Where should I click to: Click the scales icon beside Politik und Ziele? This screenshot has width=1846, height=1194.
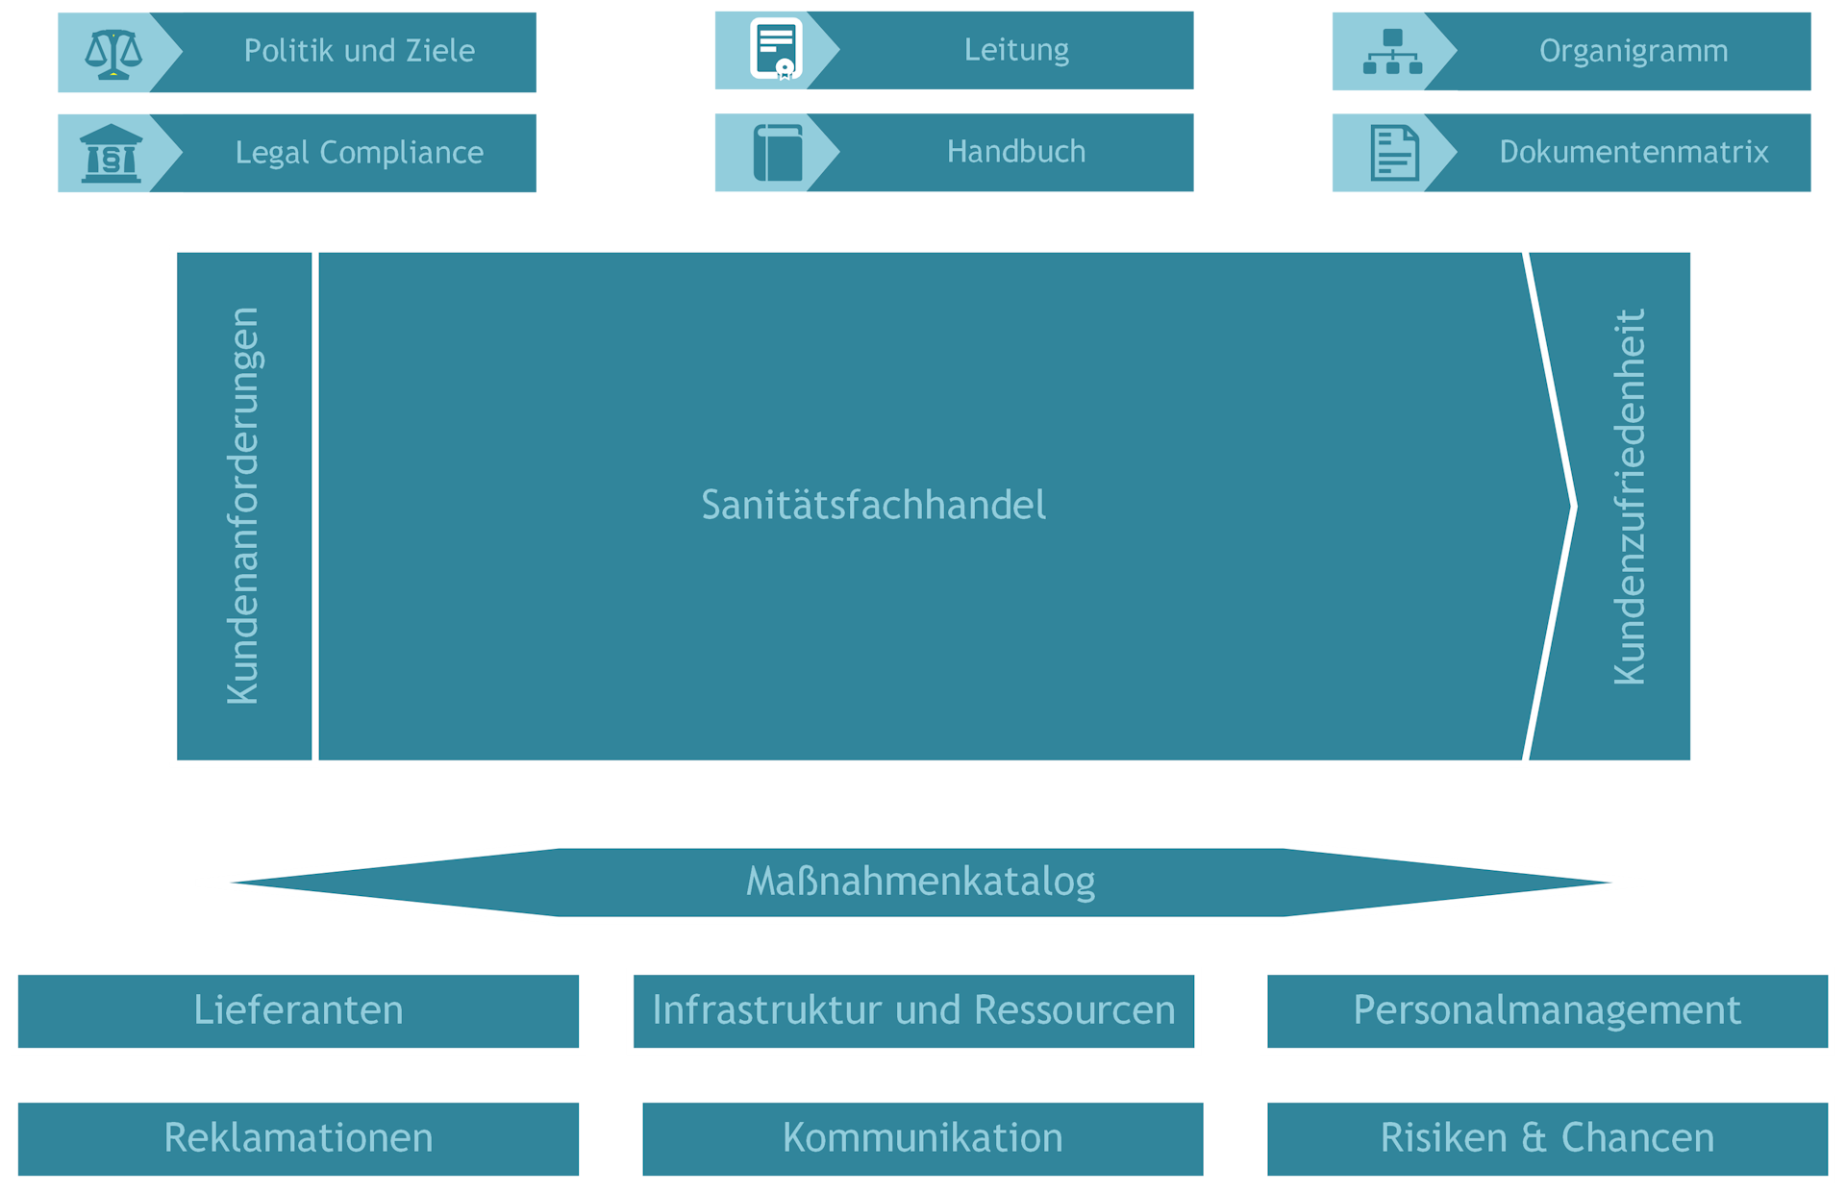[x=113, y=54]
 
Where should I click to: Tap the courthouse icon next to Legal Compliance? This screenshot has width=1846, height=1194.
[x=112, y=154]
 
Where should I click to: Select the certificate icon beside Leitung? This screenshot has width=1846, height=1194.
[x=776, y=49]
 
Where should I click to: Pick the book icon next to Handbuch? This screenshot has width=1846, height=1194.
[x=778, y=153]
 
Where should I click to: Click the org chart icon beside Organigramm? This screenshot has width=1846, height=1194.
[x=1392, y=52]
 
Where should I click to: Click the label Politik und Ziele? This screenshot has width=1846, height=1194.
[x=360, y=51]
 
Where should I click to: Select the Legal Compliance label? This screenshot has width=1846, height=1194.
[x=360, y=153]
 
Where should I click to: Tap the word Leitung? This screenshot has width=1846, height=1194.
[x=1016, y=50]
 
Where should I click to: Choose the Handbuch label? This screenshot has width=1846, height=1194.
[x=1016, y=152]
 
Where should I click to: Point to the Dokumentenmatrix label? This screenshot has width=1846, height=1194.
[x=1634, y=152]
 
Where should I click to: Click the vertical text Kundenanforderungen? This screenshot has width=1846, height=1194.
[x=243, y=506]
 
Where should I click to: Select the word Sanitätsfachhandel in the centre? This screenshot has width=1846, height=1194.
[x=873, y=505]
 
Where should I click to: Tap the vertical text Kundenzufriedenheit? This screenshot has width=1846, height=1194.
[x=1629, y=497]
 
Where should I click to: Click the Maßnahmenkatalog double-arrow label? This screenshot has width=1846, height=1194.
[x=921, y=882]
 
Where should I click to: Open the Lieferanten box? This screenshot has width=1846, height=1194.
[x=298, y=1011]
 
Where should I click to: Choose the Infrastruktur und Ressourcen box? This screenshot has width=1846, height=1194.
[x=913, y=1011]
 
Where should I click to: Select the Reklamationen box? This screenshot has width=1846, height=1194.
[x=298, y=1139]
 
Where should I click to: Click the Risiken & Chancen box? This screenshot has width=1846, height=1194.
[x=1547, y=1139]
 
